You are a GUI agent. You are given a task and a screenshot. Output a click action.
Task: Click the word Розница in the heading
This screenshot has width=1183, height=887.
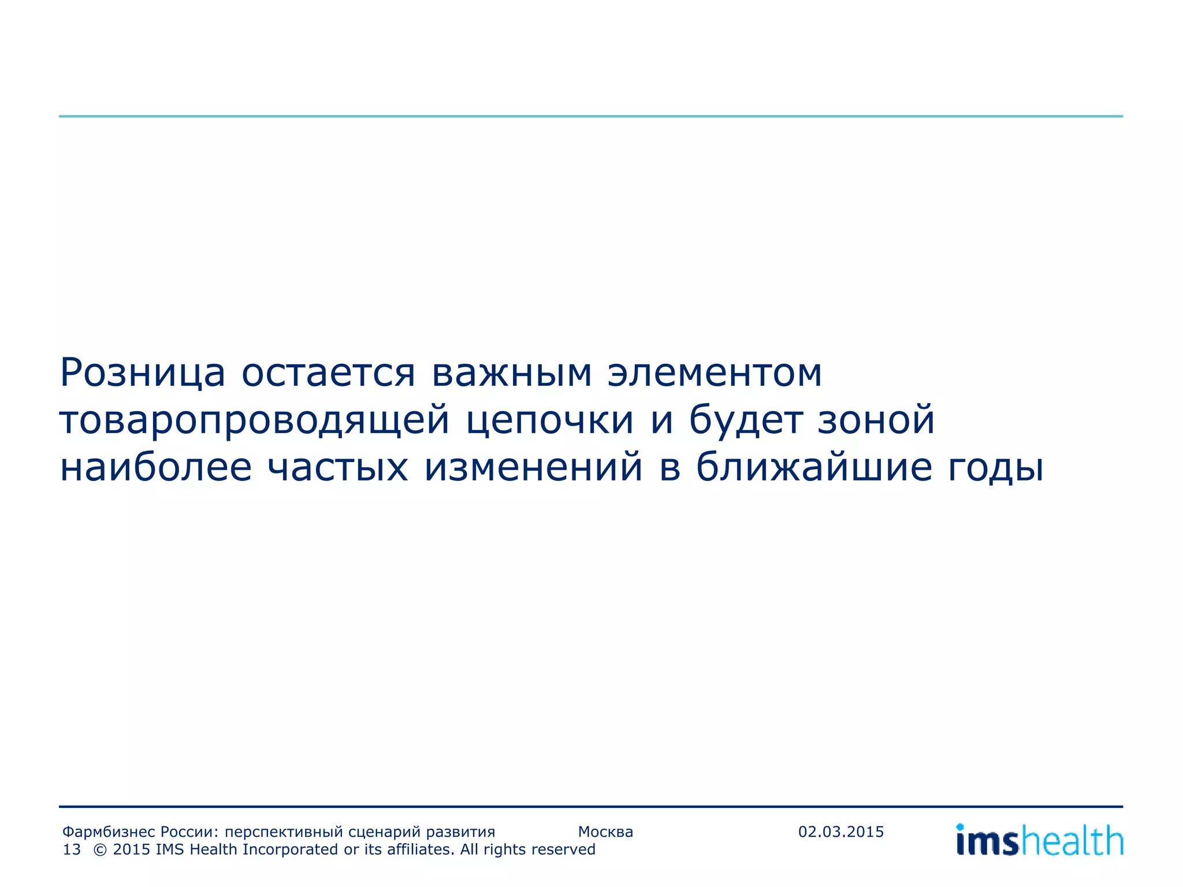142,374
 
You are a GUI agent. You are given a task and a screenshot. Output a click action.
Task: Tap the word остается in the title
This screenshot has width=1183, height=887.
328,374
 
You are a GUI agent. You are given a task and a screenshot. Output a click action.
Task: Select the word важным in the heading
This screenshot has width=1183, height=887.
512,374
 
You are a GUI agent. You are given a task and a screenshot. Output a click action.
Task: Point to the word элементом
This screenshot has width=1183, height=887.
715,374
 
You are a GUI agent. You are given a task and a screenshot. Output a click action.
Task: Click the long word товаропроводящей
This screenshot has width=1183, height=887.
254,421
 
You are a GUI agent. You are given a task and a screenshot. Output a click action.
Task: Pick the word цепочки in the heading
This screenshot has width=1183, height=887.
549,421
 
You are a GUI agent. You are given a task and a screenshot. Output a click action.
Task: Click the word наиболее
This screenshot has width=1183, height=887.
156,467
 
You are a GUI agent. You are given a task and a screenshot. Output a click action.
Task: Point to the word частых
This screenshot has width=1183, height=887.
338,467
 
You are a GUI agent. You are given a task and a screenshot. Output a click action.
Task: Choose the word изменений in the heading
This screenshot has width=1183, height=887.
533,467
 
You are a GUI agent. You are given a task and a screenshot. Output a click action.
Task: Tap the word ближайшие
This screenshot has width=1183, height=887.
814,467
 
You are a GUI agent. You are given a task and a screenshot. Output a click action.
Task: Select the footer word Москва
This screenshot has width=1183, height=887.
605,832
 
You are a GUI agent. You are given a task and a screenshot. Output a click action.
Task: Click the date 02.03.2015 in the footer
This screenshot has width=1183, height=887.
841,832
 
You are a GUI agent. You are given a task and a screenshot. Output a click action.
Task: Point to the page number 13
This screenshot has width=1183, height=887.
72,850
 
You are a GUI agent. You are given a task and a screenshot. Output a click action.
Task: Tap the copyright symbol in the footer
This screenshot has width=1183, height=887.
99,850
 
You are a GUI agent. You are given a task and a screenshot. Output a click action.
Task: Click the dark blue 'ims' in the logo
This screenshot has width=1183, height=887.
987,841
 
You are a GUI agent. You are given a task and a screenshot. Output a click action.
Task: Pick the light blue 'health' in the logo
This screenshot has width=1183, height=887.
1072,841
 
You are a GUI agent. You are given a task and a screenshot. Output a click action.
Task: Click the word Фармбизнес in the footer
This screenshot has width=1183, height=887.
109,833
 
